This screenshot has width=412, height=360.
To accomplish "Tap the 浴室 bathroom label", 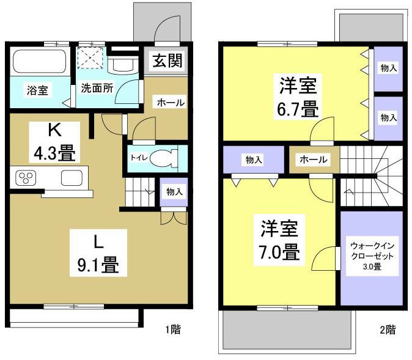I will point(37,90).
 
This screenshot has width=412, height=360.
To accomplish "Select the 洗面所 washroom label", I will point(97,87).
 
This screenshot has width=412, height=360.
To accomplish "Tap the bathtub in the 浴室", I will point(39,62).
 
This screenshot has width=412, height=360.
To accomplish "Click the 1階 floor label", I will point(172,331).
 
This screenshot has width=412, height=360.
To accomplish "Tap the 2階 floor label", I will point(387,331).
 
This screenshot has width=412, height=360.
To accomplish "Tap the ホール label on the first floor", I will point(171,103).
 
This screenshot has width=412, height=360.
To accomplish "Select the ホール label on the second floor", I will point(313,160).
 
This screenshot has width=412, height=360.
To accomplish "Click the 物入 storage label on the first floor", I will point(175,192).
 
